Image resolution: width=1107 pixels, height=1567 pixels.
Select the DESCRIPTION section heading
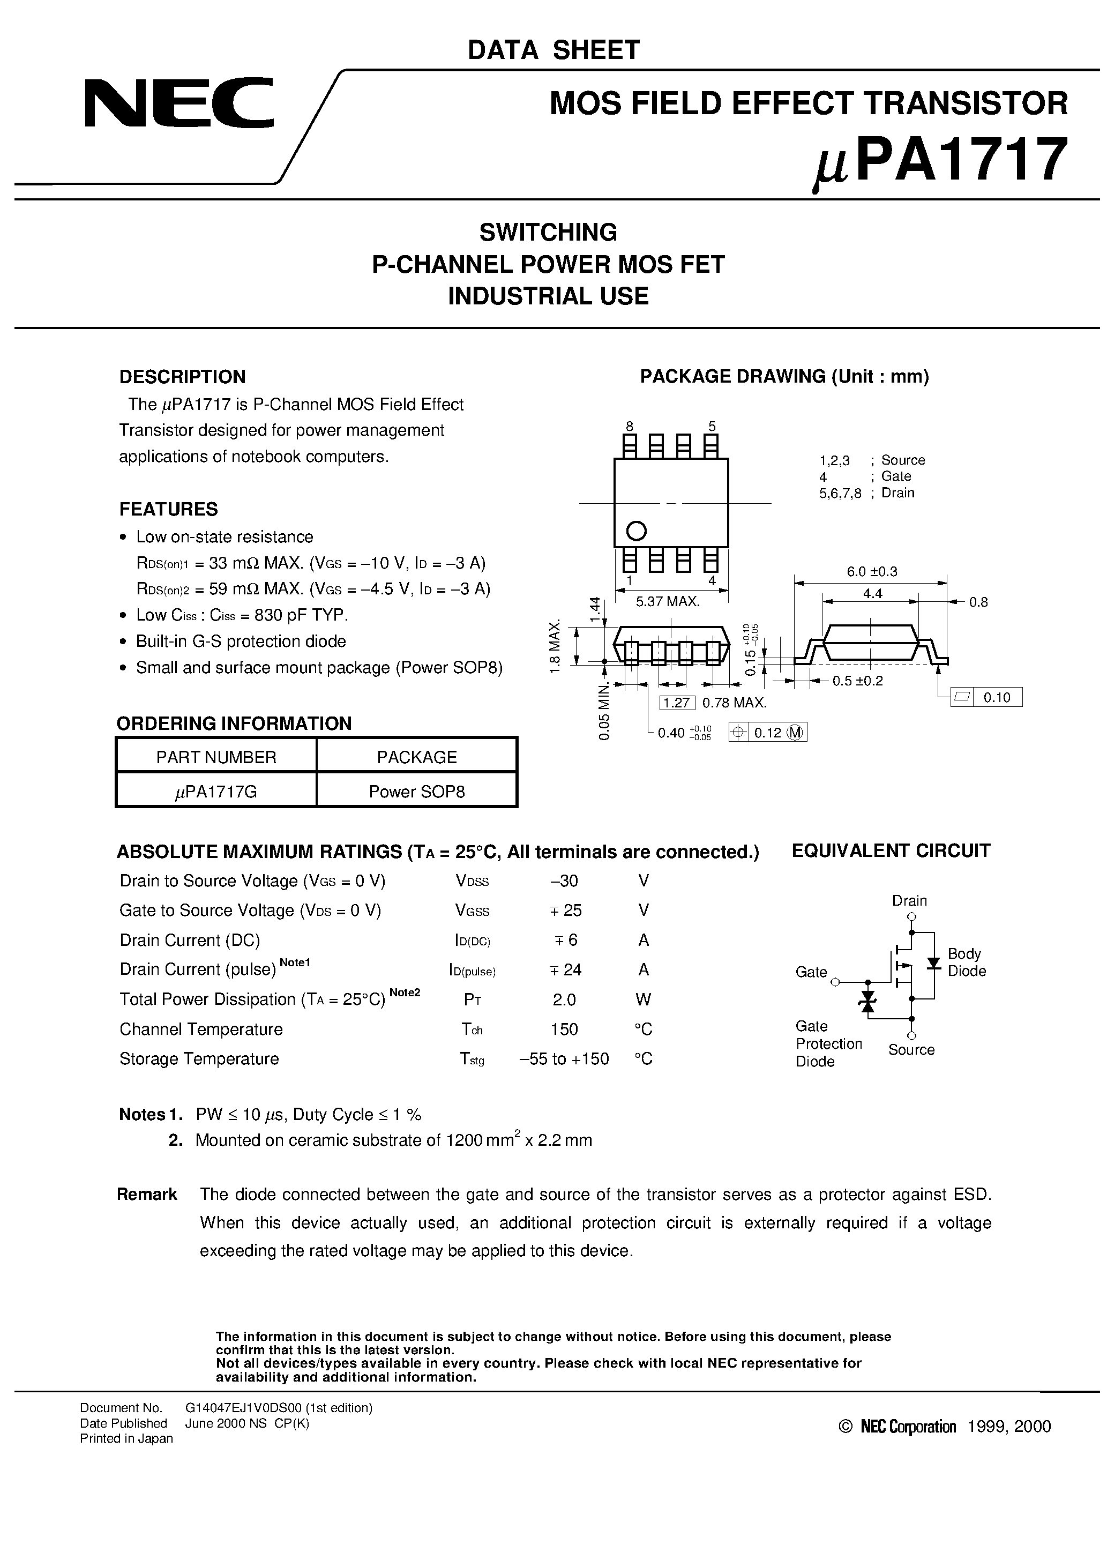coord(182,377)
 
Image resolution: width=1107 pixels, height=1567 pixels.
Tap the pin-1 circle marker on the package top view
coord(636,531)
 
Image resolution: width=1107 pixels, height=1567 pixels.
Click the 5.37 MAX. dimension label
coord(668,601)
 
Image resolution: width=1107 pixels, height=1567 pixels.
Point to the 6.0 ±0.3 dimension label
coord(872,571)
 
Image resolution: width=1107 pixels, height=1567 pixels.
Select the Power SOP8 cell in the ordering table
coord(416,791)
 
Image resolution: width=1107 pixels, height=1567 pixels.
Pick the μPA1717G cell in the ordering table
coord(216,791)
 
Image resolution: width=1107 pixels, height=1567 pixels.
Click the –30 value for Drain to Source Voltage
coord(564,880)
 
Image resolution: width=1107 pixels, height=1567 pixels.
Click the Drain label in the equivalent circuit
coord(909,900)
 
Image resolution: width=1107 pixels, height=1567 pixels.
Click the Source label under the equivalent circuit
coord(911,1050)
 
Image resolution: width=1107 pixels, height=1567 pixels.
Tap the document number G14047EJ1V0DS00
coord(279,1407)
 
